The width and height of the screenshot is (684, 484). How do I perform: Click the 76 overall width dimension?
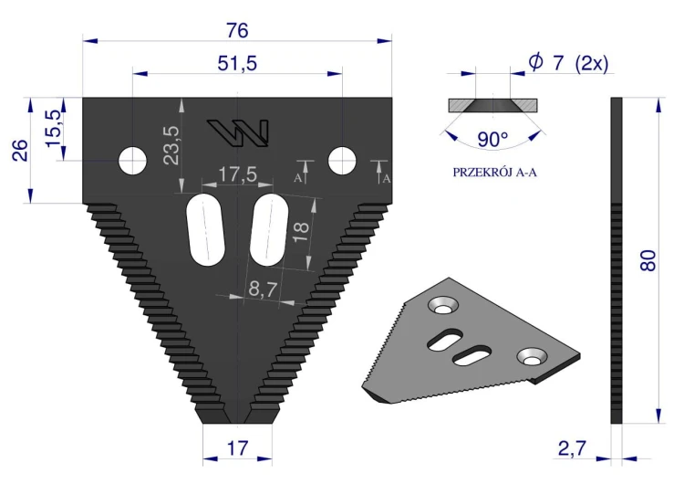[x=237, y=30]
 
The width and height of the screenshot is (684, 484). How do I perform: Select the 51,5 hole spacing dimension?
[x=237, y=64]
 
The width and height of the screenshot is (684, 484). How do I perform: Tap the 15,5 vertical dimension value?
[x=54, y=129]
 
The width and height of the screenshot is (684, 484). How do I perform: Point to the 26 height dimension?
[x=20, y=151]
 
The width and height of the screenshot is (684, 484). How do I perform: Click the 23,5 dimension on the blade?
[x=171, y=145]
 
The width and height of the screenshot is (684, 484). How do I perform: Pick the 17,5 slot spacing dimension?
[x=238, y=174]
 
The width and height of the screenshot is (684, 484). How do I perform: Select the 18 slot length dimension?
[x=301, y=232]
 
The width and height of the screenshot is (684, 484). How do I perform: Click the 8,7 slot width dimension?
[x=264, y=289]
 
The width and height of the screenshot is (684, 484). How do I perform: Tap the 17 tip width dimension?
[x=238, y=448]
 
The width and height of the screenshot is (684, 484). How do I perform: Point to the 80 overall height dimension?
[x=648, y=261]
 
